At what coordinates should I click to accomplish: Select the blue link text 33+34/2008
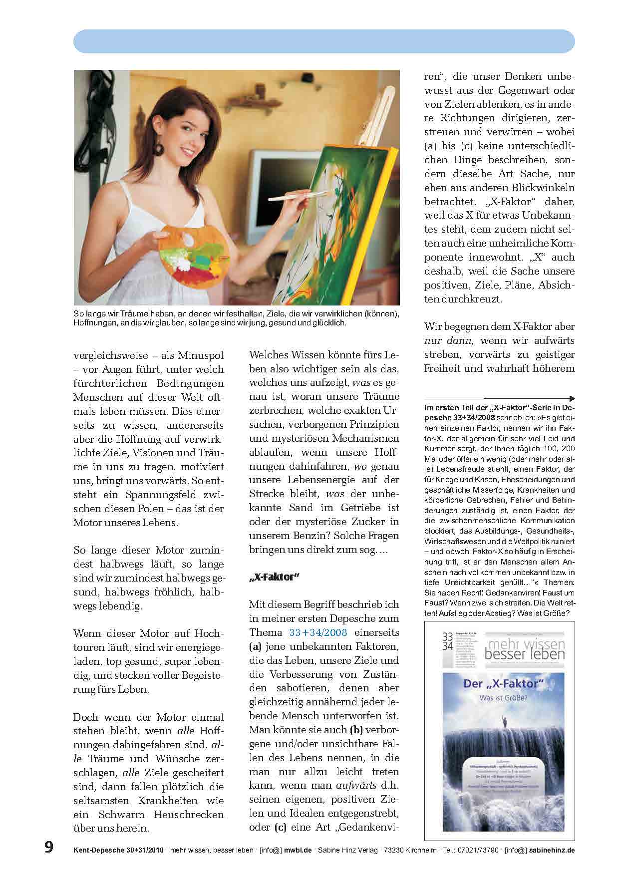pyautogui.click(x=318, y=632)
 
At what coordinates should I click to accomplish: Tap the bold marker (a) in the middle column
pyautogui.click(x=256, y=646)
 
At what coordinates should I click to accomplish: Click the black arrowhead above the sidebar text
pyautogui.click(x=572, y=398)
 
